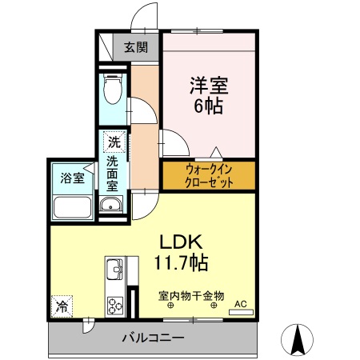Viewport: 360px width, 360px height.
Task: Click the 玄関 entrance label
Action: click(x=135, y=47)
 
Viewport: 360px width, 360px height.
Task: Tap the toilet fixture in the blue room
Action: click(x=113, y=88)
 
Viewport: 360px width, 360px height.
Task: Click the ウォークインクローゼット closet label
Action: click(x=209, y=175)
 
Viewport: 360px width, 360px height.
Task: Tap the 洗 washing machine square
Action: click(x=115, y=143)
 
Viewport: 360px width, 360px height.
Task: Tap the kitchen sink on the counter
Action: click(x=113, y=268)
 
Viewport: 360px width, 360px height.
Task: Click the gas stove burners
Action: click(x=114, y=305)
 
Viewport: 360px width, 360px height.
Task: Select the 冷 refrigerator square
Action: click(x=62, y=305)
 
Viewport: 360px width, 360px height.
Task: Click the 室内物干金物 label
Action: click(x=191, y=294)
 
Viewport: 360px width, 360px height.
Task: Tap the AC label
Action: click(x=240, y=303)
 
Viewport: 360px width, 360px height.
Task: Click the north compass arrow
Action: click(x=300, y=339)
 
